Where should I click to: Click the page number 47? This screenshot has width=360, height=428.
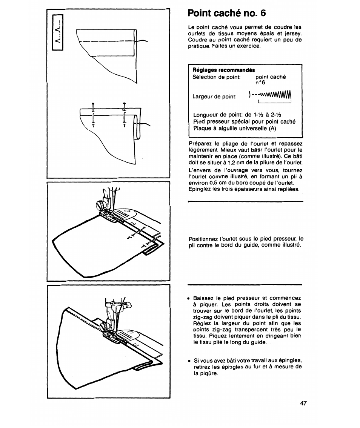tap(303, 403)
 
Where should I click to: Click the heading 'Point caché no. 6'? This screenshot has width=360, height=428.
tap(226, 13)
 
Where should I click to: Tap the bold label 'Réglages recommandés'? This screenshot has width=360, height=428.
tap(224, 70)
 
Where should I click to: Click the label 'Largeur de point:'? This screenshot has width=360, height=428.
tap(214, 97)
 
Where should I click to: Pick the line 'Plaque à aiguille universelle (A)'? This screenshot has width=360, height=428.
tap(235, 128)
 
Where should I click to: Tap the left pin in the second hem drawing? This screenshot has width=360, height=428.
tap(92, 115)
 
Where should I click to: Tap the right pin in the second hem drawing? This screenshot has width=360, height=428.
tap(124, 115)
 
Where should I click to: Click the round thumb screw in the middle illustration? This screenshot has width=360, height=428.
tap(101, 206)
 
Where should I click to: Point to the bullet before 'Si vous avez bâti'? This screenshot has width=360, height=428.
tap(190, 361)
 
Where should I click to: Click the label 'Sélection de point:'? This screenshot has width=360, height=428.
tap(216, 77)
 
